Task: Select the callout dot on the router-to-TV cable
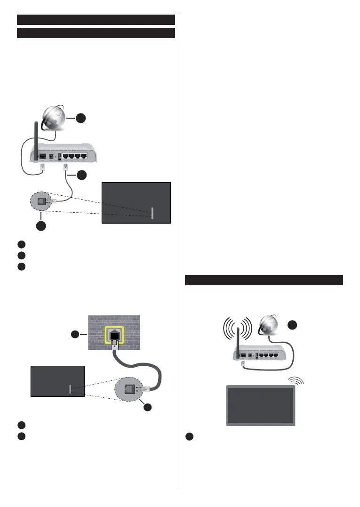(82, 175)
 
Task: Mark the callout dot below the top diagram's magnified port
(41, 226)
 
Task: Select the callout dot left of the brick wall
(76, 335)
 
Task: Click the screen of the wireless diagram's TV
(261, 405)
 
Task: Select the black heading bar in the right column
(264, 280)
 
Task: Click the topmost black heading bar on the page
(96, 19)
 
